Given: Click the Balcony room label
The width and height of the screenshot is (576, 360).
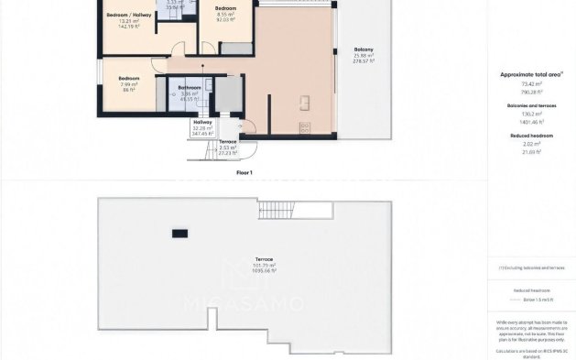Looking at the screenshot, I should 364,49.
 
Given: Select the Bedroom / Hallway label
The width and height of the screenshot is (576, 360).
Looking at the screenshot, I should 129,16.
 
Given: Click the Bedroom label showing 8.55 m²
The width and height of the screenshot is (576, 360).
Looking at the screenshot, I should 225,8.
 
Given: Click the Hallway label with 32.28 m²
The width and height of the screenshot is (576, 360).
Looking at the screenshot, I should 202,122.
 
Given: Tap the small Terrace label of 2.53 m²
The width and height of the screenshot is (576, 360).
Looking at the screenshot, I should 228,142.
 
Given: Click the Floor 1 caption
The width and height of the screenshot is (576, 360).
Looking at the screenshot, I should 244,172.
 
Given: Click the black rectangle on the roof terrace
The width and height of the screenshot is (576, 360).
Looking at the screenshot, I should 179,234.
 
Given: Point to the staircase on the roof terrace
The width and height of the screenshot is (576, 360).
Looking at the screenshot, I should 272,209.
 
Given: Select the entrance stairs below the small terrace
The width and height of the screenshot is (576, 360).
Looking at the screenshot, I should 208,151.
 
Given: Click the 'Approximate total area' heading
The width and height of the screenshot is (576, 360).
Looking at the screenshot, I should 531,74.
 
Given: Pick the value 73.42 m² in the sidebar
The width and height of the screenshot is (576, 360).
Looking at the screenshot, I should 532,83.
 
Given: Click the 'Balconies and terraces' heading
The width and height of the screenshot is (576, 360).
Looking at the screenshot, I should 532,105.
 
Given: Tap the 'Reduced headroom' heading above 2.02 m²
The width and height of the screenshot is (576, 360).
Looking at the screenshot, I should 532,136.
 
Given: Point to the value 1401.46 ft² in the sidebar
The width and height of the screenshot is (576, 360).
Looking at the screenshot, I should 532,121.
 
